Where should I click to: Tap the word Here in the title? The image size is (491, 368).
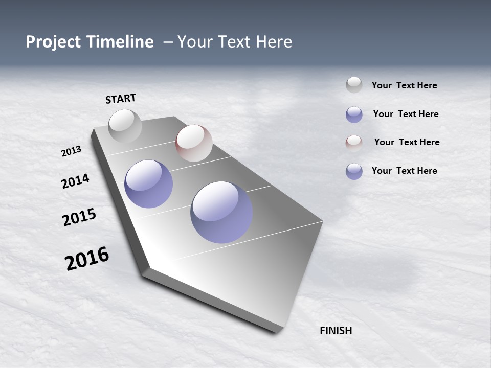(x=274, y=42)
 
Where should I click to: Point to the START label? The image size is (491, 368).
(x=121, y=99)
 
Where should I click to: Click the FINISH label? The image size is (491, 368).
(x=336, y=331)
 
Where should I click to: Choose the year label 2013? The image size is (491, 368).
(x=71, y=151)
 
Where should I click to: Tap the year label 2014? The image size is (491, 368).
(x=75, y=181)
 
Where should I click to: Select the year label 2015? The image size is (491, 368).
(x=79, y=217)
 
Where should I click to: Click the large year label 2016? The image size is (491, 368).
(x=87, y=259)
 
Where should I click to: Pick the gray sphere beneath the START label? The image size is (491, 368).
(x=125, y=126)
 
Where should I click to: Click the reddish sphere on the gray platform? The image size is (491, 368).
(x=194, y=143)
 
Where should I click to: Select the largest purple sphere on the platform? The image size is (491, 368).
(x=221, y=212)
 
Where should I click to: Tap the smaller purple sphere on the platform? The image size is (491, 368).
(x=149, y=184)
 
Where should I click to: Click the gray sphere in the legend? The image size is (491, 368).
(x=354, y=85)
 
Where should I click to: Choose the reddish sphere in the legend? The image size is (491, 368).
(x=354, y=143)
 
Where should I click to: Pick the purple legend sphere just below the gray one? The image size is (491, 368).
(x=354, y=114)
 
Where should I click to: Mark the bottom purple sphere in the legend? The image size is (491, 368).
(x=354, y=171)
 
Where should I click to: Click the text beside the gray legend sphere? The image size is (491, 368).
(x=404, y=85)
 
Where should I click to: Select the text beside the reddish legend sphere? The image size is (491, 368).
(x=407, y=142)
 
